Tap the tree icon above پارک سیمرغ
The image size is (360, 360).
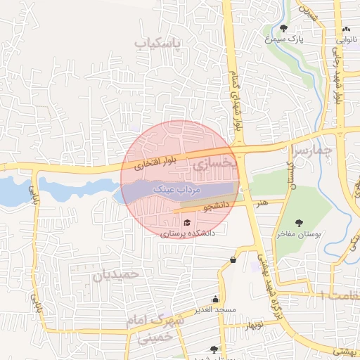(283, 29)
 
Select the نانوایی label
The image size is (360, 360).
(347, 40)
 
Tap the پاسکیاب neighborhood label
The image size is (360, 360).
(157, 44)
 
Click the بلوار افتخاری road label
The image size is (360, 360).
(158, 162)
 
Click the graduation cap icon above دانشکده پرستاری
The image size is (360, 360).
(186, 223)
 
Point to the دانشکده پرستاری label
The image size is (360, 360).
(188, 233)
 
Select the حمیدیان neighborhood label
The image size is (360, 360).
(117, 274)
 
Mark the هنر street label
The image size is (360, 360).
(262, 202)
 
